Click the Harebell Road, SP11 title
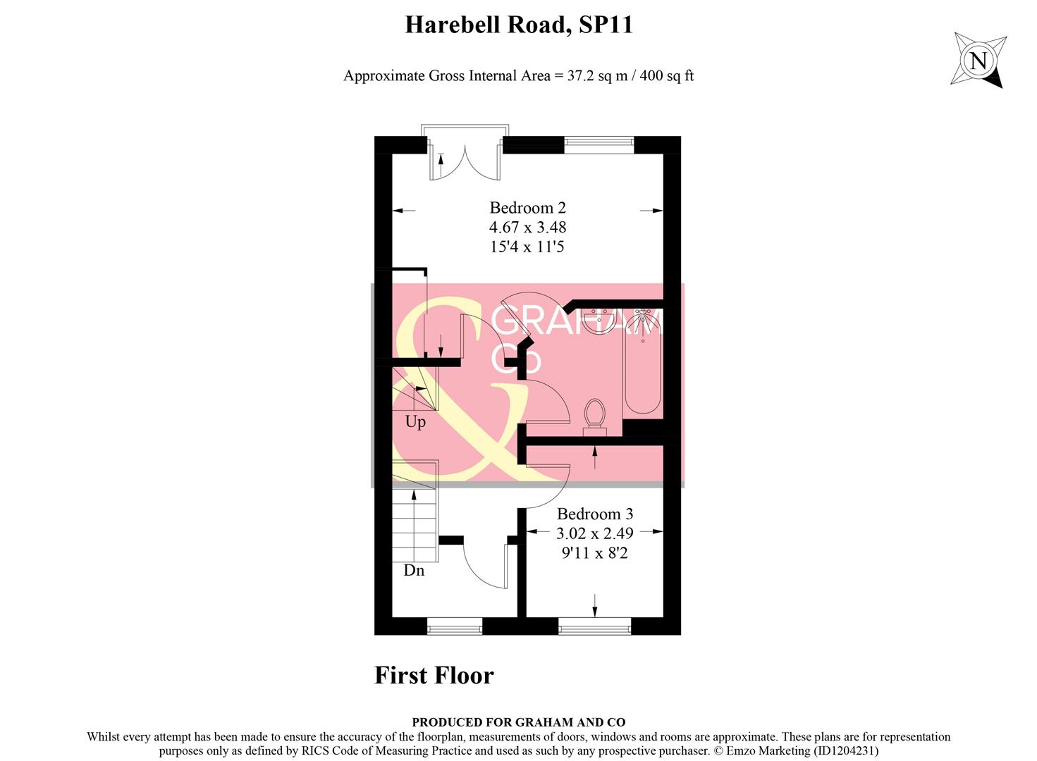pyautogui.click(x=518, y=25)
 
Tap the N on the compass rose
pyautogui.click(x=978, y=61)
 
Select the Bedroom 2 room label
pyautogui.click(x=527, y=208)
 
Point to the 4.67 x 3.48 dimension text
pyautogui.click(x=527, y=228)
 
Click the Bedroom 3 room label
pyautogui.click(x=594, y=514)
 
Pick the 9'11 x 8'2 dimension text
pyautogui.click(x=594, y=554)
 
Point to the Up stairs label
pyautogui.click(x=415, y=422)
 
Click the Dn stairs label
pyautogui.click(x=414, y=571)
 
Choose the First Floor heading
pyautogui.click(x=434, y=676)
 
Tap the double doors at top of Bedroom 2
pyautogui.click(x=464, y=159)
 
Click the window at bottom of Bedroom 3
pyautogui.click(x=594, y=624)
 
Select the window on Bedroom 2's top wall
pyautogui.click(x=599, y=145)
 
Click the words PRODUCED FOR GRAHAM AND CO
pyautogui.click(x=518, y=722)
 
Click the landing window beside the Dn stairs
pyautogui.click(x=455, y=624)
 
